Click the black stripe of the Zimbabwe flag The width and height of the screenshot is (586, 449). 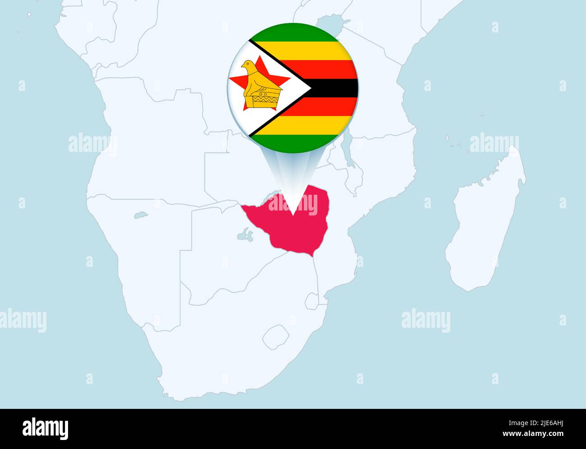(x=334, y=88)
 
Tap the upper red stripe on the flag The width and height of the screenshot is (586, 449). (x=325, y=69)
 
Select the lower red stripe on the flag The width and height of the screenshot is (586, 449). (x=325, y=106)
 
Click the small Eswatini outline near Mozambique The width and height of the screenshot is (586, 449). (x=311, y=301)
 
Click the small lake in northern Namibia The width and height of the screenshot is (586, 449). (x=141, y=215)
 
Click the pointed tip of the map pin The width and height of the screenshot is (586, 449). (x=293, y=215)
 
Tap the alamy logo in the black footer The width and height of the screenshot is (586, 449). (x=46, y=428)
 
